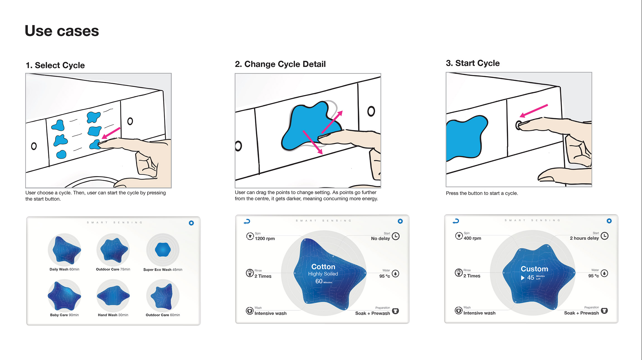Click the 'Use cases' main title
[x=62, y=31]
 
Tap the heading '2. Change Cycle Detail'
[x=280, y=64]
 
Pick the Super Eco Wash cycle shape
[x=163, y=249]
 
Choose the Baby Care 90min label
[x=64, y=315]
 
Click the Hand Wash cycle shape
[x=113, y=296]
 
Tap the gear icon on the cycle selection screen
[x=191, y=223]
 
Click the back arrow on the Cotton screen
[x=247, y=221]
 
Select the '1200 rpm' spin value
[x=265, y=238]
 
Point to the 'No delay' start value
[x=380, y=238]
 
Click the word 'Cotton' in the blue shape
[x=323, y=267]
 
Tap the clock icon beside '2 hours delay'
[x=604, y=236]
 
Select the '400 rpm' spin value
[x=472, y=238]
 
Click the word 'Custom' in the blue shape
[x=534, y=269]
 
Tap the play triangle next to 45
[x=523, y=278]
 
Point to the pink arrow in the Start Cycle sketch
[x=534, y=111]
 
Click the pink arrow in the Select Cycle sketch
[x=111, y=133]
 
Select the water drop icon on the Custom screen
[x=604, y=273]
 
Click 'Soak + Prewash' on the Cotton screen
[x=373, y=313]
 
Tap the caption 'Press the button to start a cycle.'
[x=482, y=193]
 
